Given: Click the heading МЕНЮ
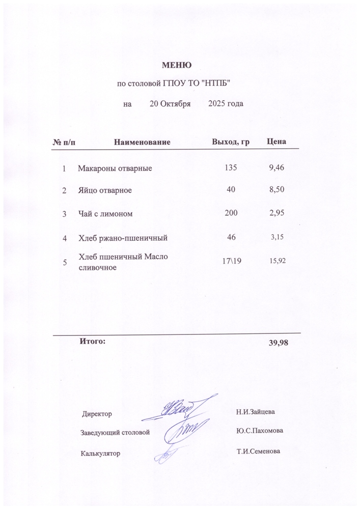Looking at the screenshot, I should [x=176, y=65].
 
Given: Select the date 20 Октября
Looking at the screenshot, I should [x=170, y=104].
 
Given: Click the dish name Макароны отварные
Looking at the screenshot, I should [x=115, y=168].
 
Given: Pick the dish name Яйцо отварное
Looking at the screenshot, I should [x=105, y=190].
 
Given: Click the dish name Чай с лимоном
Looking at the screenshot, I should [x=105, y=214].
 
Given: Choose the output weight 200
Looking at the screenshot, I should [x=231, y=214].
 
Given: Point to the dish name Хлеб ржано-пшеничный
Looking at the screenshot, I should [x=123, y=238].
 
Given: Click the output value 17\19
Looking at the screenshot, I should [x=231, y=261].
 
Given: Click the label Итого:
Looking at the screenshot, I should [x=92, y=341].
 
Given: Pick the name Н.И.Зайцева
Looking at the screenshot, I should [x=255, y=410].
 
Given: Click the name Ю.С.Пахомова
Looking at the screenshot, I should [x=260, y=431].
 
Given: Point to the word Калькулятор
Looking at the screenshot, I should [x=100, y=453].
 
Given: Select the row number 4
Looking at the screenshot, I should [x=65, y=238].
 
